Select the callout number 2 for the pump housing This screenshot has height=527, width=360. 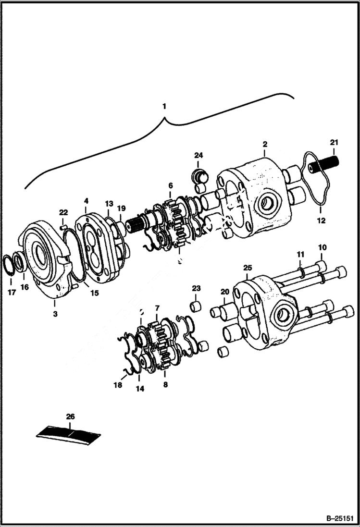click(x=265, y=144)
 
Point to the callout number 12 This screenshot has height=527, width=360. click(x=321, y=221)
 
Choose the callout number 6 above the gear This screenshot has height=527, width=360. click(x=170, y=186)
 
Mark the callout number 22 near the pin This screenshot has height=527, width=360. click(x=63, y=213)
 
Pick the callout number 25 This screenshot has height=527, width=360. click(x=248, y=267)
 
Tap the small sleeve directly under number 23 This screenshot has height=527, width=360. click(x=196, y=306)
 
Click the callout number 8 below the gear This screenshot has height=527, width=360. click(x=165, y=384)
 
